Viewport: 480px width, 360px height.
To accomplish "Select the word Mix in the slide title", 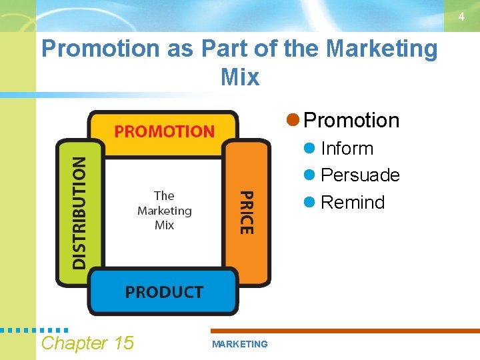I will click(x=239, y=77).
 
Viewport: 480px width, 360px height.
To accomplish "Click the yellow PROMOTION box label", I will click(x=164, y=131).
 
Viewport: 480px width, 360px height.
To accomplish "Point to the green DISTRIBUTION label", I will click(x=79, y=213).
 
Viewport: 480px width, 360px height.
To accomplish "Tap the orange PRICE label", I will click(x=246, y=212).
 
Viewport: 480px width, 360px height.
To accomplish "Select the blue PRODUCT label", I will click(x=164, y=292).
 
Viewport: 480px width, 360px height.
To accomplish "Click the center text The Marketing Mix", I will click(x=164, y=210).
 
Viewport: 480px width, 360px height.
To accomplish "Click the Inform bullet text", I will click(x=347, y=149).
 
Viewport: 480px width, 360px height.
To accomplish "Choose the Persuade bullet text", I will click(x=360, y=175).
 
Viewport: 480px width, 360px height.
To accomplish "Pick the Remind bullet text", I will click(x=353, y=203).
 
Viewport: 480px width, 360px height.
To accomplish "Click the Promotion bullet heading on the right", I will click(x=351, y=121).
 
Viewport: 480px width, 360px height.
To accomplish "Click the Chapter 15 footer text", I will click(x=87, y=343).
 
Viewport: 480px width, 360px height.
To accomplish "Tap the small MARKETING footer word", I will click(x=239, y=345).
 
